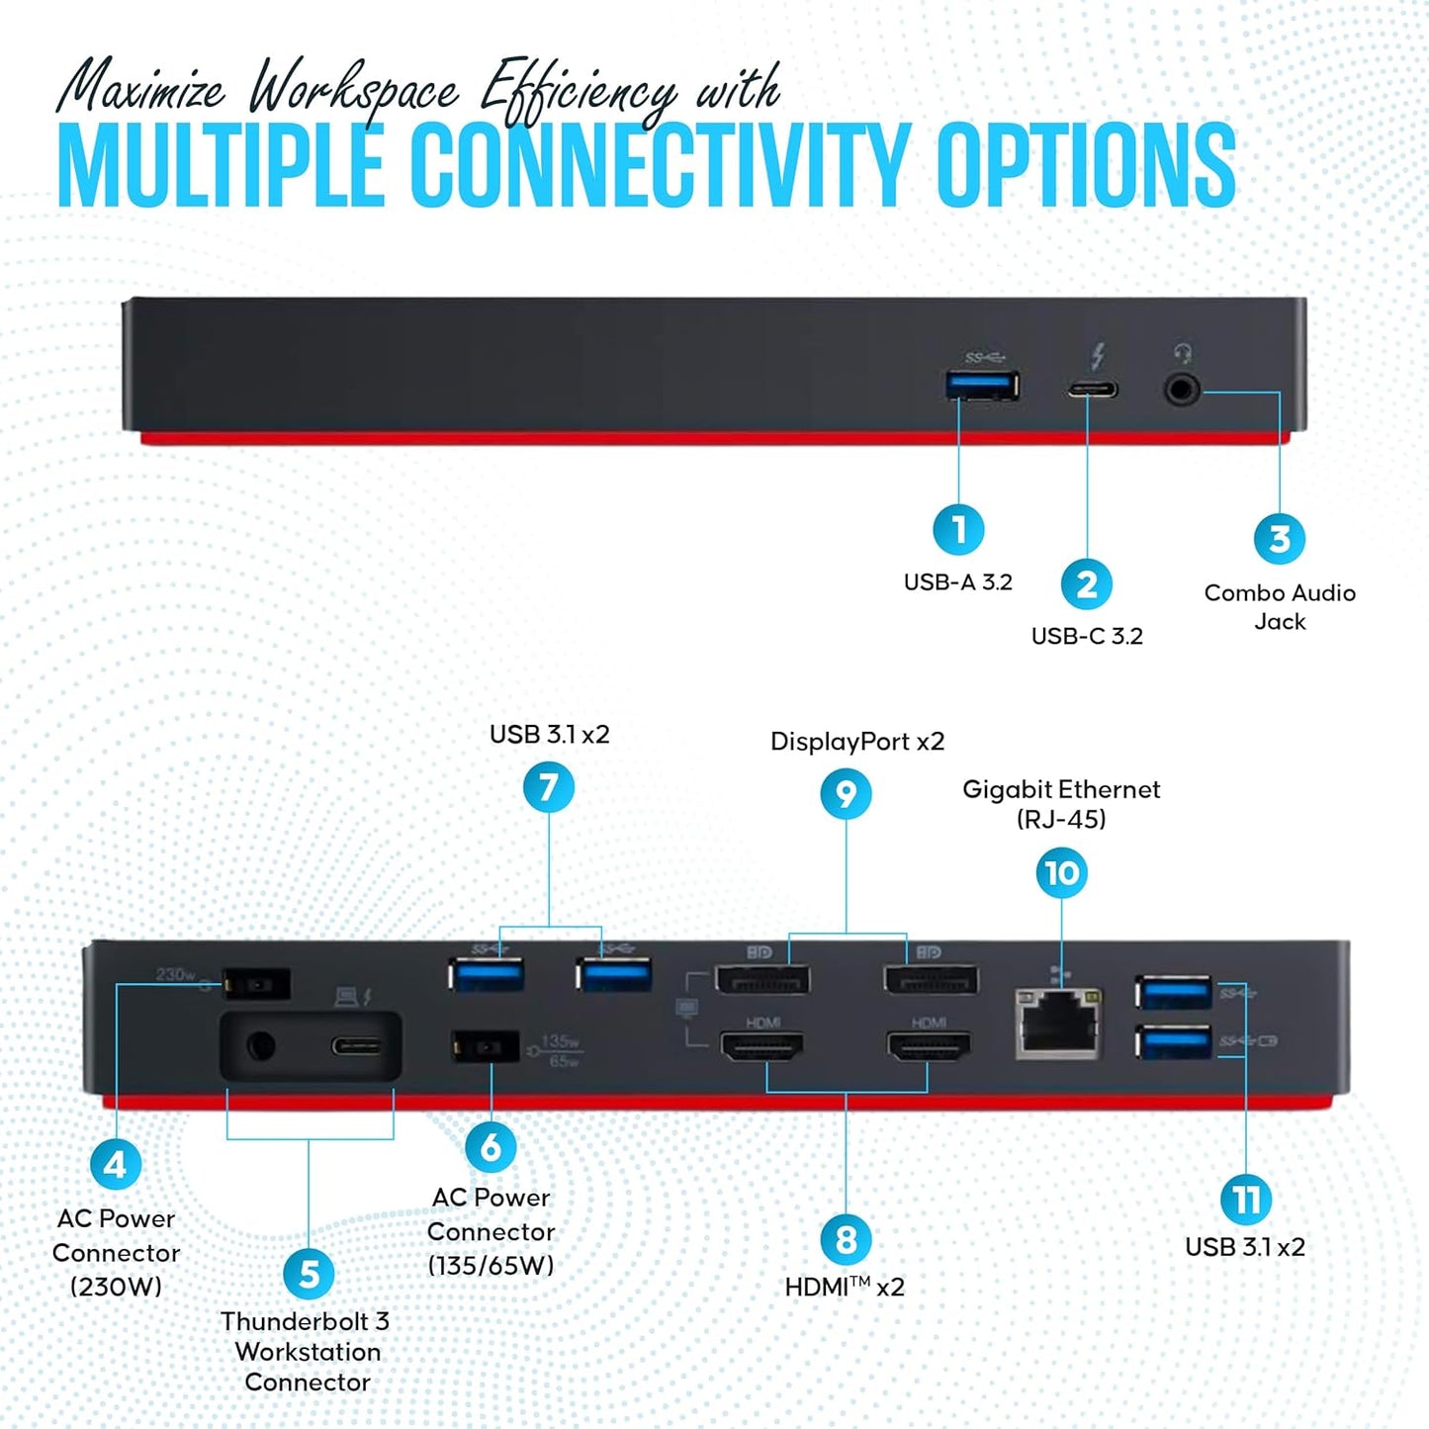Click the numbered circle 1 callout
pyautogui.click(x=958, y=530)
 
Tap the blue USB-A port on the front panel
pyautogui.click(x=983, y=386)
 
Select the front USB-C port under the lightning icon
pyautogui.click(x=1092, y=389)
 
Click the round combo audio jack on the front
pyautogui.click(x=1181, y=390)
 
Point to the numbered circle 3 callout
pyautogui.click(x=1279, y=539)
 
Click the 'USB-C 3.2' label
pyautogui.click(x=1086, y=636)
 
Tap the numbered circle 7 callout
pyautogui.click(x=549, y=788)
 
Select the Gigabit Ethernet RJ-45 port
pyautogui.click(x=1058, y=1022)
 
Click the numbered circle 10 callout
pyautogui.click(x=1061, y=873)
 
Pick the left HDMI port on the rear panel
pyautogui.click(x=761, y=1046)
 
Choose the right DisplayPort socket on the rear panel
pyautogui.click(x=931, y=979)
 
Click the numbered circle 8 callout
pyautogui.click(x=846, y=1240)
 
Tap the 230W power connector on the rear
pyautogui.click(x=257, y=984)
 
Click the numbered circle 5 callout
pyautogui.click(x=309, y=1274)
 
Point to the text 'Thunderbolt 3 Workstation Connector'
pyautogui.click(x=307, y=1351)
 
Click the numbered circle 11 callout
pyautogui.click(x=1245, y=1200)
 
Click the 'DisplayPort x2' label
pyautogui.click(x=857, y=742)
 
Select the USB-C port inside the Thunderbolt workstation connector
pyautogui.click(x=355, y=1046)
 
